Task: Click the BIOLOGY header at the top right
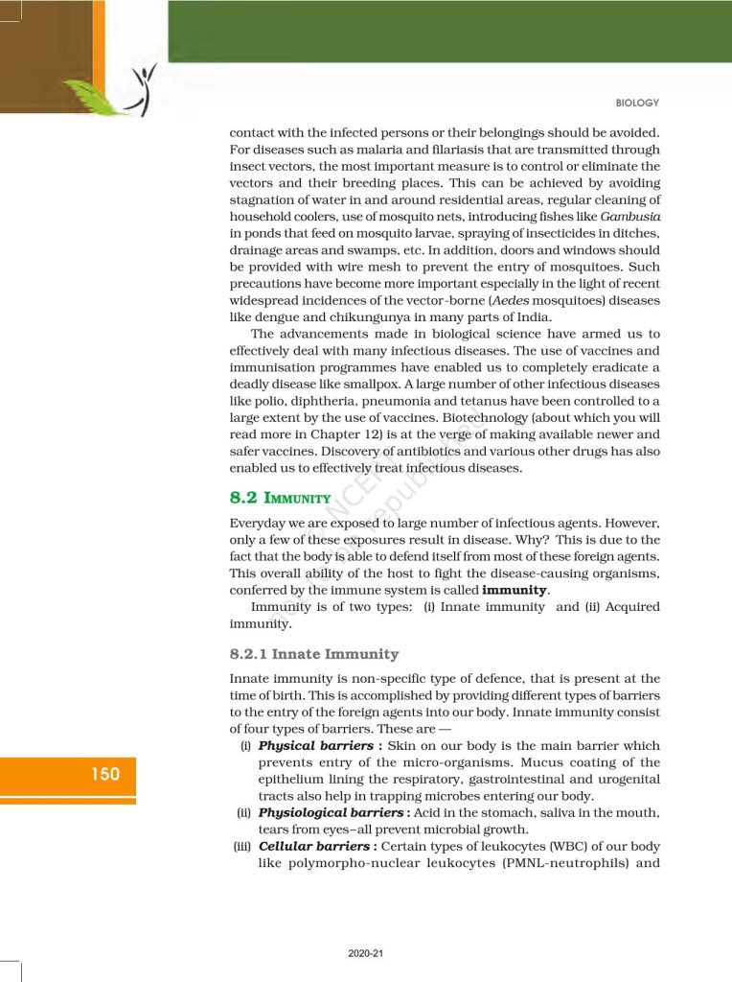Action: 637,103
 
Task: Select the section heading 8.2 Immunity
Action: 280,499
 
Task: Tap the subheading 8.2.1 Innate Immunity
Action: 313,654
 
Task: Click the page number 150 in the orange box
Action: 105,774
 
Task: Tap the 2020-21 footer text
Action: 366,953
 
